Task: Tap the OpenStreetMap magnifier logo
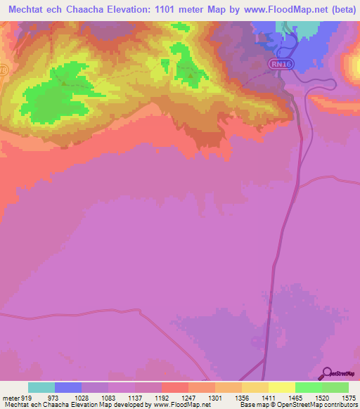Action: (x=326, y=372)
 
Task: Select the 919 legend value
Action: (x=27, y=398)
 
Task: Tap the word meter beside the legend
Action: (x=10, y=398)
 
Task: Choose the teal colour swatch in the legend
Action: (x=41, y=387)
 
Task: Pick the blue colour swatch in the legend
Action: (x=67, y=387)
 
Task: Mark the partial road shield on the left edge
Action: (x=2, y=71)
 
